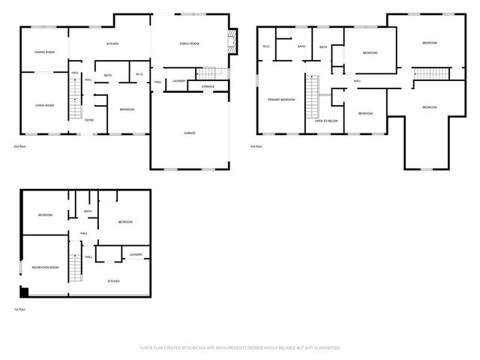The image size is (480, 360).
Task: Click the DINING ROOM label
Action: tap(45, 52)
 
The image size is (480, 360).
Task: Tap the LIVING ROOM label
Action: tap(45, 105)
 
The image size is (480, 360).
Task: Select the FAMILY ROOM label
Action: tap(189, 44)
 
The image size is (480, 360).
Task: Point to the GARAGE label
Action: tap(190, 133)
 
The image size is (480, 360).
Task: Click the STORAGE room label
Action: tap(208, 87)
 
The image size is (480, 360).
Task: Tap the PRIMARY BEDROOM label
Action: tap(281, 99)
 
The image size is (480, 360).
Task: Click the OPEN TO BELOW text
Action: tap(325, 120)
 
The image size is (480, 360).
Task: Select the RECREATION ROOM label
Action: tap(45, 267)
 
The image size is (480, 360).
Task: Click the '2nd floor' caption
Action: tap(22, 146)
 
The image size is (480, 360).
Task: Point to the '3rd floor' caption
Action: tap(256, 146)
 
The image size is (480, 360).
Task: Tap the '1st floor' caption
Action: tap(22, 309)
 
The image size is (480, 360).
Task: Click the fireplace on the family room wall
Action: tap(233, 42)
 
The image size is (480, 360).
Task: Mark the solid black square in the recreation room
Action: tap(25, 292)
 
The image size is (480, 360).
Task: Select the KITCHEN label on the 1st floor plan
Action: tap(113, 280)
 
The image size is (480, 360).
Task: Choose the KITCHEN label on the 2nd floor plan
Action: tap(112, 44)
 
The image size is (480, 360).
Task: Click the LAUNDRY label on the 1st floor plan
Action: tap(136, 254)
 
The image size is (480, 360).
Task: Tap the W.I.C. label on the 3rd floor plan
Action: tap(266, 46)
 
